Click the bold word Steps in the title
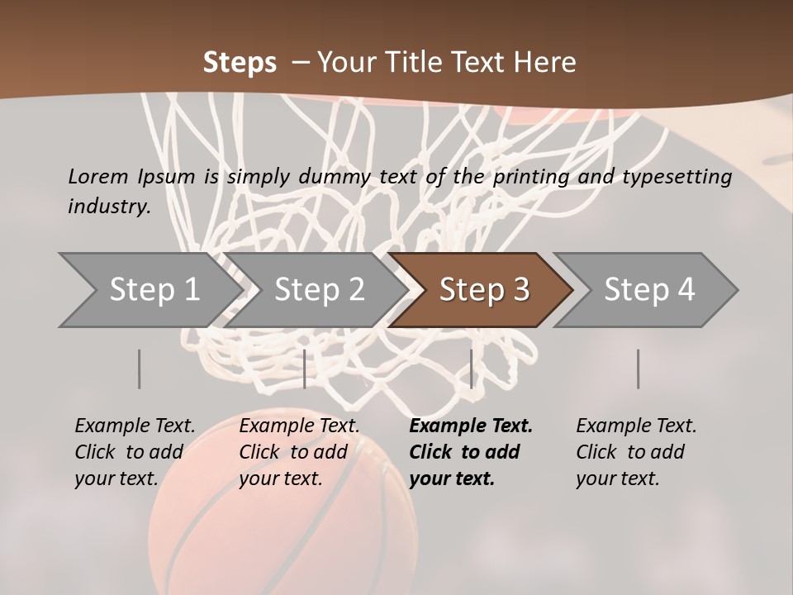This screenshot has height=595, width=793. pyautogui.click(x=240, y=63)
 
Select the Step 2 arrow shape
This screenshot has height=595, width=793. pyautogui.click(x=319, y=290)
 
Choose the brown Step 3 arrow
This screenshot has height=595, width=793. pyautogui.click(x=483, y=290)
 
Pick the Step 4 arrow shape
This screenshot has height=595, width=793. pyautogui.click(x=648, y=290)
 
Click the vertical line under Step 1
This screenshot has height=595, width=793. pyautogui.click(x=140, y=369)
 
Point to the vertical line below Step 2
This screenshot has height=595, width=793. pyautogui.click(x=305, y=369)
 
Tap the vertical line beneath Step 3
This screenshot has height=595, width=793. pyautogui.click(x=471, y=369)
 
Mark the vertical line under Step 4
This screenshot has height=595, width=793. pyautogui.click(x=639, y=369)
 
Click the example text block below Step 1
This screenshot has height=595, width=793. pyautogui.click(x=135, y=452)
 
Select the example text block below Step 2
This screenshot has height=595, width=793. pyautogui.click(x=299, y=452)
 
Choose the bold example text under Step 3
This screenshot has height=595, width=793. pyautogui.click(x=471, y=452)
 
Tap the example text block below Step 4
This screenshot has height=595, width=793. pyautogui.click(x=636, y=452)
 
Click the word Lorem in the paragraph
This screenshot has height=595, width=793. pyautogui.click(x=98, y=176)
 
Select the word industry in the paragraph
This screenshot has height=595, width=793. pyautogui.click(x=109, y=207)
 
